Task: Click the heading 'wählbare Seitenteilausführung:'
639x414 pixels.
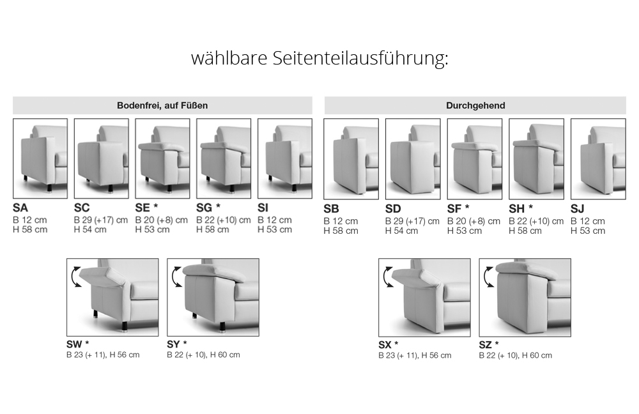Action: coord(319,58)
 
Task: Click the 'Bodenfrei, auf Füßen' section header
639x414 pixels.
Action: coord(162,105)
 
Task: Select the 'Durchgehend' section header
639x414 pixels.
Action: coord(475,105)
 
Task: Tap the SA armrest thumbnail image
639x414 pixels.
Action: coord(40,158)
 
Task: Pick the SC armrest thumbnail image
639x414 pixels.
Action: coord(102,158)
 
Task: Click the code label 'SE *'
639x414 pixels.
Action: coord(146,208)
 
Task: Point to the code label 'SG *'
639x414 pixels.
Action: coord(208,208)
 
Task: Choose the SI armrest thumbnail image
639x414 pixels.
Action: coord(285,158)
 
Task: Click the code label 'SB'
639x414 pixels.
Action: coord(331,209)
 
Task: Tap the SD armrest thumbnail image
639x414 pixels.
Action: coord(413,159)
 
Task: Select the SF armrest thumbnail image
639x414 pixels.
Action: coord(475,159)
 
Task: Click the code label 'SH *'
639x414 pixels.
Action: coord(520,209)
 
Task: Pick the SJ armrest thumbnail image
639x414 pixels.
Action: coord(598,159)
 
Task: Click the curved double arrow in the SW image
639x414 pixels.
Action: coord(74,277)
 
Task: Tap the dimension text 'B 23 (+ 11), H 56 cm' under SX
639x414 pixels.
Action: coord(415,355)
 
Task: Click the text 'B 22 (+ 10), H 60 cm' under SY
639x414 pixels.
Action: coord(203,355)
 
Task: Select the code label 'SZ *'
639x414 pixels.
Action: coord(489,345)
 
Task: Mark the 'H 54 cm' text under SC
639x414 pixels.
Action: coord(90,230)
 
